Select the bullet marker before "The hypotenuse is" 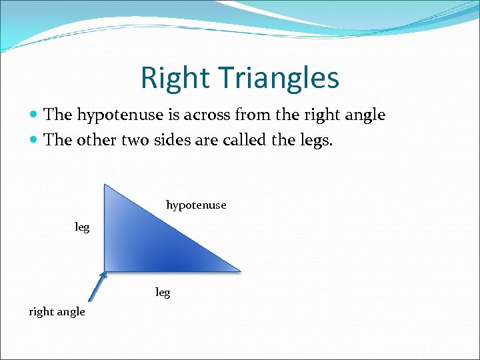click(x=35, y=115)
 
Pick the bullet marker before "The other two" click(x=35, y=140)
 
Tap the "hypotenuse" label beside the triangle click(x=196, y=205)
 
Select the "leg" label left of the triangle click(x=82, y=227)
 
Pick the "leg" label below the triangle click(x=163, y=293)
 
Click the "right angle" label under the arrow click(x=57, y=312)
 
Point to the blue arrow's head click(x=103, y=275)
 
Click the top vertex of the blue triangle click(x=105, y=185)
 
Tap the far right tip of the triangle click(x=239, y=271)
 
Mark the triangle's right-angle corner click(x=105, y=270)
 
